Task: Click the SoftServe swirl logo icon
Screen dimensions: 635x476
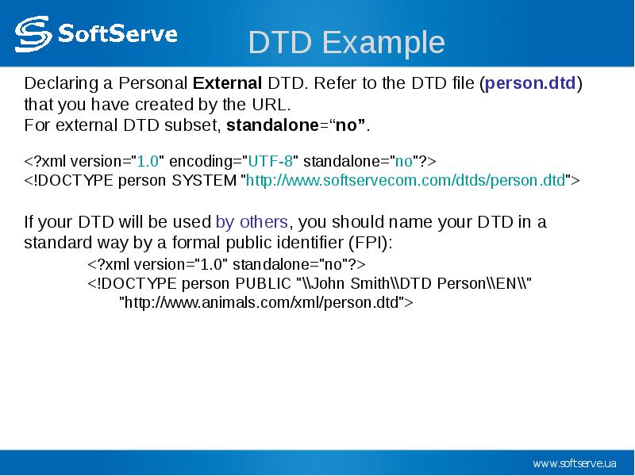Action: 33,34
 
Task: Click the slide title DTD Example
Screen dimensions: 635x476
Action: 346,42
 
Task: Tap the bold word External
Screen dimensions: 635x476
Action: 227,83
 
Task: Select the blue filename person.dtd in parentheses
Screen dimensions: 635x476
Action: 530,83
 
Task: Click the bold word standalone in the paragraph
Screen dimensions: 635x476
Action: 273,125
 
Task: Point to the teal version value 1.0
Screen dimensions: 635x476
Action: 148,161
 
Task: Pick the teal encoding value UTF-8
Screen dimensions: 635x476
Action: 270,161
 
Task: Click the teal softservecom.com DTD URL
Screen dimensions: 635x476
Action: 406,180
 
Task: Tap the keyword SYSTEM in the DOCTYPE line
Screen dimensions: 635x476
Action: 204,180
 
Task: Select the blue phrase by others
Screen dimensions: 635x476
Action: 252,222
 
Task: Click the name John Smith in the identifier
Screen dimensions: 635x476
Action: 349,283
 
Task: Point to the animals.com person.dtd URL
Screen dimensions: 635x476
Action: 262,302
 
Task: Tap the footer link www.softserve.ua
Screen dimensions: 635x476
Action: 575,463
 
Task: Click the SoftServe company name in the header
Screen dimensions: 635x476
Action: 117,33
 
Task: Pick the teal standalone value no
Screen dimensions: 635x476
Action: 404,162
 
